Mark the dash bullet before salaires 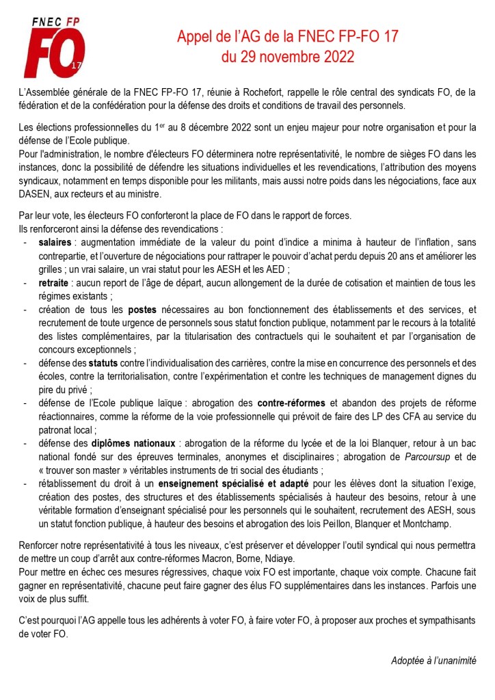[25, 243]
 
